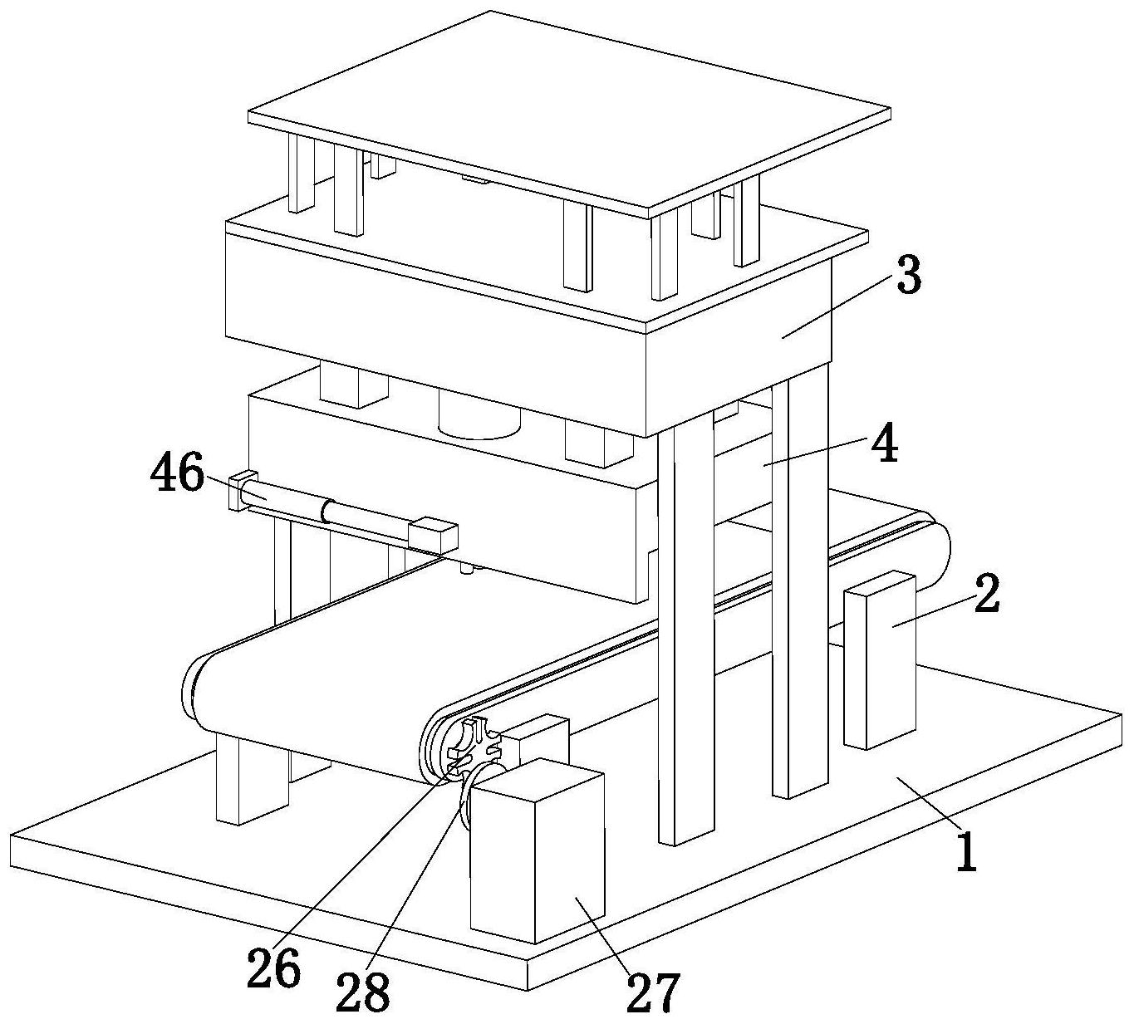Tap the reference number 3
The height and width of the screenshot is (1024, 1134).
point(908,274)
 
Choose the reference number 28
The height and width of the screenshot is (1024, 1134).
point(362,993)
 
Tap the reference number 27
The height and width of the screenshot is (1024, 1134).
point(653,993)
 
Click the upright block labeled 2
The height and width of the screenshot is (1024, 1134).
point(880,661)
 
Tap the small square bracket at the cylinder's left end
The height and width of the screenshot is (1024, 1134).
point(238,491)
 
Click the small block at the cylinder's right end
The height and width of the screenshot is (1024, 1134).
point(433,534)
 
